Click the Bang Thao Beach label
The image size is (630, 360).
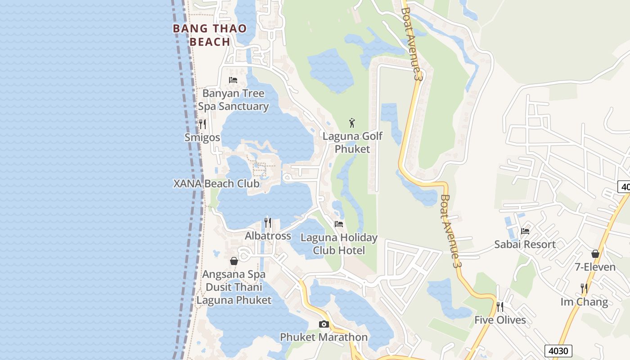click(210, 35)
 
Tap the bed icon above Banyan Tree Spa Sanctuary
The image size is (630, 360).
click(233, 80)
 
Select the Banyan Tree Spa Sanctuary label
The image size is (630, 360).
click(234, 100)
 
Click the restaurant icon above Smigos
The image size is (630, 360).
click(202, 124)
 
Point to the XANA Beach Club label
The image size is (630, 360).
click(216, 184)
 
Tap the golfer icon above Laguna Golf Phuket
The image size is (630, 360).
click(352, 122)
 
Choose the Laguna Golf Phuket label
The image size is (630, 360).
click(352, 142)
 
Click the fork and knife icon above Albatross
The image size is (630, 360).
click(268, 222)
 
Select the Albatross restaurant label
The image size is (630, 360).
click(268, 236)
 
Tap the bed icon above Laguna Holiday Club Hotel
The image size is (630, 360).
click(339, 224)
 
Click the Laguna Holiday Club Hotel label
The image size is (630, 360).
click(339, 244)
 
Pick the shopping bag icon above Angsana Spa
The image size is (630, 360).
click(234, 261)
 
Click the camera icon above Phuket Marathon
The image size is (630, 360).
click(324, 324)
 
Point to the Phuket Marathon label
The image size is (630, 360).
click(324, 337)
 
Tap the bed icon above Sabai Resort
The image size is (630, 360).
click(525, 231)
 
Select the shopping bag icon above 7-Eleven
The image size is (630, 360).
click(595, 254)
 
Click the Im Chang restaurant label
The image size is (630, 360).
click(584, 301)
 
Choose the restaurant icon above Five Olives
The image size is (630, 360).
click(500, 307)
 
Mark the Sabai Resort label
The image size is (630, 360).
click(525, 244)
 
